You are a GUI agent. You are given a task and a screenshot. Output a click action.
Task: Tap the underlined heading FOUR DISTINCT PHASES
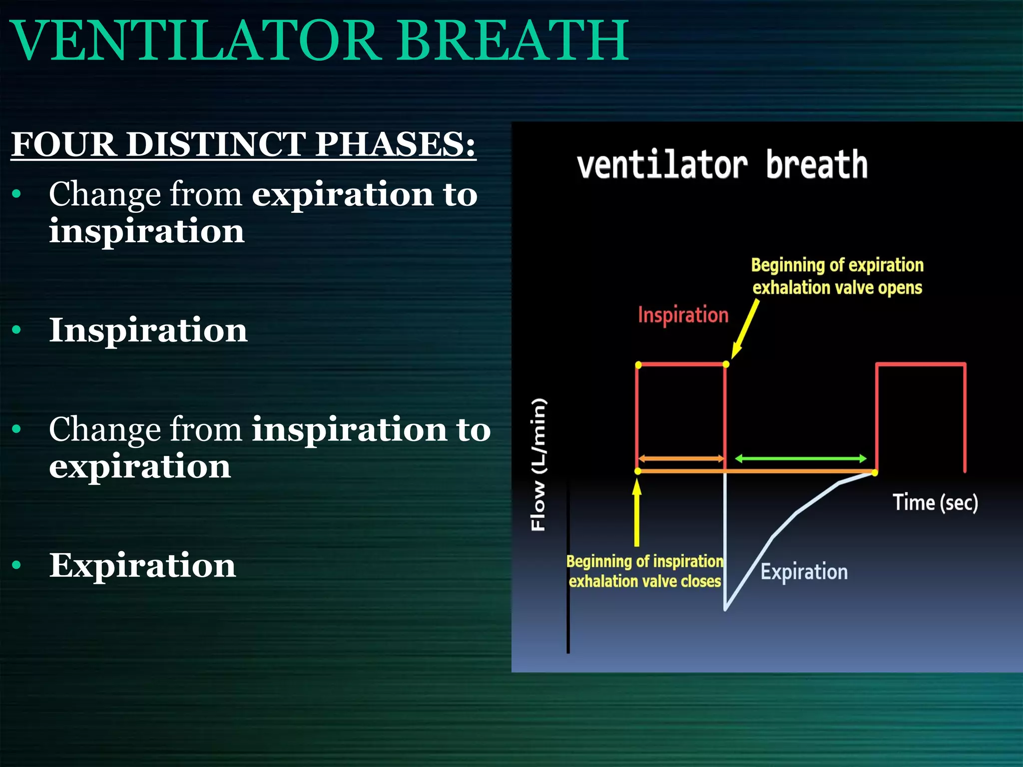tap(243, 145)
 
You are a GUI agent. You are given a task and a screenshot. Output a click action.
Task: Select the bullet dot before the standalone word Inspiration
tap(17, 330)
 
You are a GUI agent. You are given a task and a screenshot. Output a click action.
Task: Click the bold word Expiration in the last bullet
tap(142, 566)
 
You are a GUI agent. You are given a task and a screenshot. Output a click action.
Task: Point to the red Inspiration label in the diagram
tap(683, 316)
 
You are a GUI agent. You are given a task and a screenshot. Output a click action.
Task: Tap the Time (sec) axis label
tap(935, 502)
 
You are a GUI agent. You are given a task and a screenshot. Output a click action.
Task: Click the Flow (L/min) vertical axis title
tap(538, 464)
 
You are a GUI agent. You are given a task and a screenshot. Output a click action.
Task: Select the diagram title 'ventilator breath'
tap(722, 165)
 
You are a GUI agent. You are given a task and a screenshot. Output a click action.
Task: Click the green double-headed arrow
tap(801, 458)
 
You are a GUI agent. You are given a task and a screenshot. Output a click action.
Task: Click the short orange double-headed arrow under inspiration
tap(681, 458)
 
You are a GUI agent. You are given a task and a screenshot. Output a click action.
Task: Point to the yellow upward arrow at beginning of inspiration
tap(637, 512)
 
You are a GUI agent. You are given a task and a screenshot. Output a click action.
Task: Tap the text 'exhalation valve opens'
tap(837, 288)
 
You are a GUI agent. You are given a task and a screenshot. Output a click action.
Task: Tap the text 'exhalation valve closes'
tap(644, 582)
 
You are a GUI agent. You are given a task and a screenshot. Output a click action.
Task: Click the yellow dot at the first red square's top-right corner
tap(726, 365)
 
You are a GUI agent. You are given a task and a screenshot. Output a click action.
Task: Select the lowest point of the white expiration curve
tap(725, 609)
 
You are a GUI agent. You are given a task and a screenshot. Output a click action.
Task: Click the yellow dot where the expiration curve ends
tap(875, 472)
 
